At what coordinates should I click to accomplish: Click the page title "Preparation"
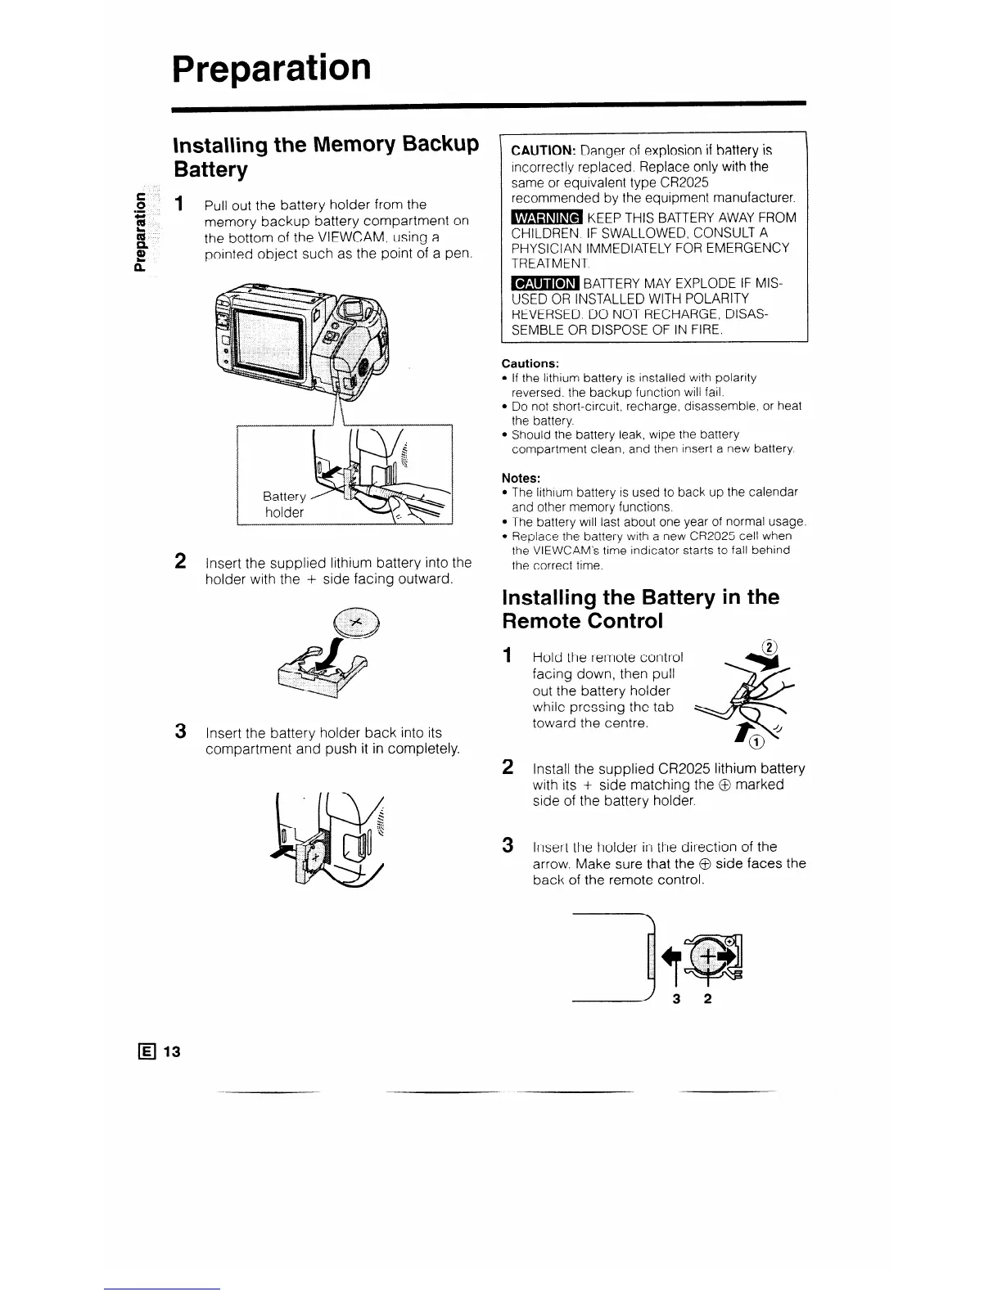point(272,68)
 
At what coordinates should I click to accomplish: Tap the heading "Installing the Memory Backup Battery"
point(325,157)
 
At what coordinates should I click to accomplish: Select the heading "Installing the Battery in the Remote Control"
point(640,608)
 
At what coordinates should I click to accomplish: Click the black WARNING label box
point(544,218)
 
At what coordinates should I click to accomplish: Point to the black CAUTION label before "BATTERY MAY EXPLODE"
point(544,283)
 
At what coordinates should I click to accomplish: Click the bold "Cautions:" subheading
point(530,362)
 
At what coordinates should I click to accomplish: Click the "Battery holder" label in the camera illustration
point(283,504)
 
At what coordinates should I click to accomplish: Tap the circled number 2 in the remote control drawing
point(768,642)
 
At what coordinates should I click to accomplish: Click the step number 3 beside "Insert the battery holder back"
point(181,731)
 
